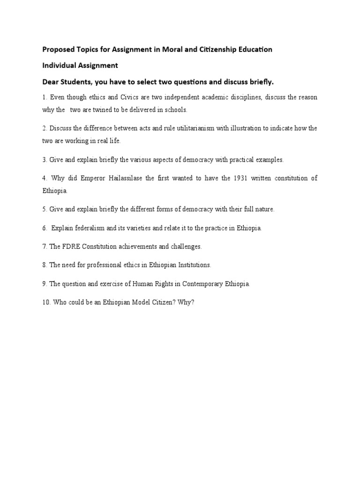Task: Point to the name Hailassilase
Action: [127, 178]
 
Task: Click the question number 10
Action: [46, 302]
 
